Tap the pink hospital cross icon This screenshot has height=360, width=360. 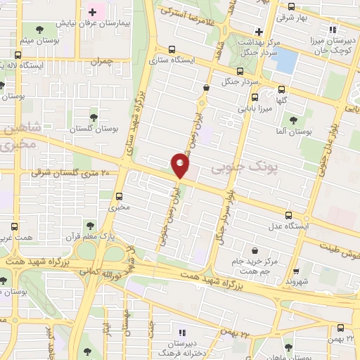93,13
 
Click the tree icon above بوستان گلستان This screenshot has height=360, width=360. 94,117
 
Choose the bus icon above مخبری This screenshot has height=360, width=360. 118,195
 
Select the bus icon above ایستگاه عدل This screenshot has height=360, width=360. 288,215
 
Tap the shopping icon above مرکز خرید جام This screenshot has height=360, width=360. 254,250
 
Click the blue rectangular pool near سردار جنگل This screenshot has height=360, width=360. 285,62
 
